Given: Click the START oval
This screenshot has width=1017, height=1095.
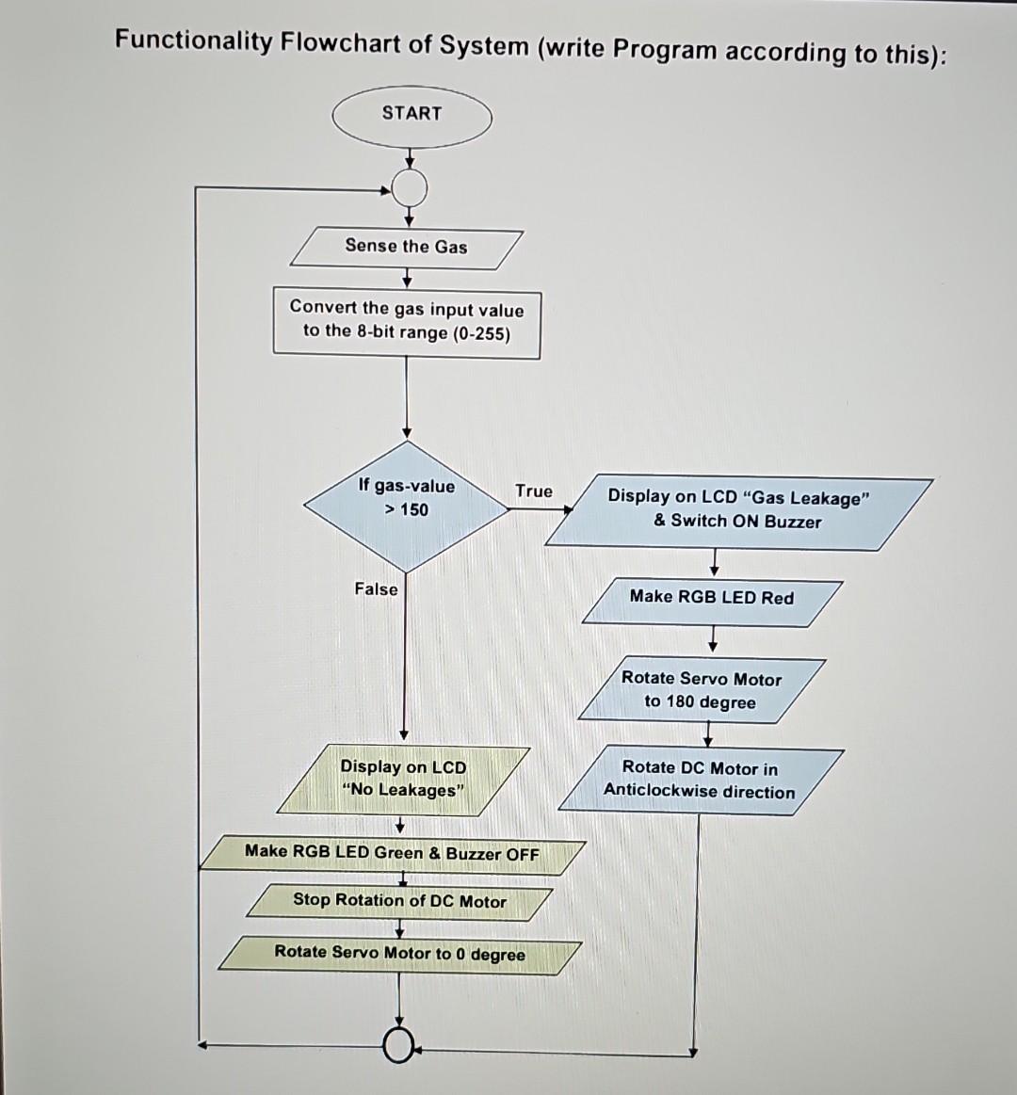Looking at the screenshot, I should tap(412, 117).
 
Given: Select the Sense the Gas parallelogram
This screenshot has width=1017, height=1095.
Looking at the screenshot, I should tap(406, 248).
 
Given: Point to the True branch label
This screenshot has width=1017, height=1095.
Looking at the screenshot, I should tap(533, 491).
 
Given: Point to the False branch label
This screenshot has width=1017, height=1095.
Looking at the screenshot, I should tap(376, 589).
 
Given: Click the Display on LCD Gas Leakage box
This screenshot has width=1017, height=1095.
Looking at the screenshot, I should tap(738, 511).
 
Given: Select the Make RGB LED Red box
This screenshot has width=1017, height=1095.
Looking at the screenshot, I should tap(712, 600).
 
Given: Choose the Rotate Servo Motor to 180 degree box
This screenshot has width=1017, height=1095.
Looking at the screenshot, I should tap(702, 691).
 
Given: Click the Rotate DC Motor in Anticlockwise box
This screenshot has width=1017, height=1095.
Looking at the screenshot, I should tap(701, 781).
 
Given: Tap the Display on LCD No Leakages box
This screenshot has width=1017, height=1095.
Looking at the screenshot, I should tap(403, 781).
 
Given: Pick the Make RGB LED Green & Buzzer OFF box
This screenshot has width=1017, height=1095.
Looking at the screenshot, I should tap(392, 854).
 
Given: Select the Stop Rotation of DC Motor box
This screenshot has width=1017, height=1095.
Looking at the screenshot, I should tap(399, 902).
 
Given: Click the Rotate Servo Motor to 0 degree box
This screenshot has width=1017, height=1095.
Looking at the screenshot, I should tap(399, 954).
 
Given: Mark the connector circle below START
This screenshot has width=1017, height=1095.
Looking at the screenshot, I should tap(409, 189).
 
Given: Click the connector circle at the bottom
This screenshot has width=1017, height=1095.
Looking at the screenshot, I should tap(400, 1044).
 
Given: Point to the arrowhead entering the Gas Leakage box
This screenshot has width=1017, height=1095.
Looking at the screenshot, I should tap(568, 509).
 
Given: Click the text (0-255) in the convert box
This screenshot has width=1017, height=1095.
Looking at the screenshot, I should tap(481, 334).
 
